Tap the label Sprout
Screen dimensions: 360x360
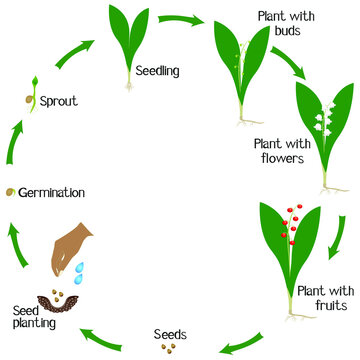pyautogui.click(x=61, y=101)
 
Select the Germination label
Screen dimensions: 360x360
pyautogui.click(x=51, y=191)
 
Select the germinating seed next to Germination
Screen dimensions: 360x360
pyautogui.click(x=9, y=190)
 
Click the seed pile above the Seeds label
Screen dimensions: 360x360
pyautogui.click(x=169, y=349)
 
